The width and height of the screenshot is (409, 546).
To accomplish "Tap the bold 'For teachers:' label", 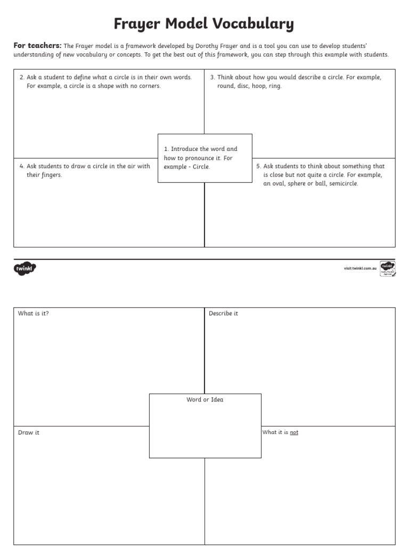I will pyautogui.click(x=37, y=45).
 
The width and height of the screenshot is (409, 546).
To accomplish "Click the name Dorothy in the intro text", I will pyautogui.click(x=202, y=46).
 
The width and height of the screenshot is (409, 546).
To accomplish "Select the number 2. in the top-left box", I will pyautogui.click(x=22, y=77).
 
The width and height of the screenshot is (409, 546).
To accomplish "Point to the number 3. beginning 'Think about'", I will pyautogui.click(x=212, y=77).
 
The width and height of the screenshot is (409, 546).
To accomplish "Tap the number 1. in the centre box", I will pyautogui.click(x=166, y=149).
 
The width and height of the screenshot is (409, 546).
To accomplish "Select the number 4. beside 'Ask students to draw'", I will pyautogui.click(x=22, y=166).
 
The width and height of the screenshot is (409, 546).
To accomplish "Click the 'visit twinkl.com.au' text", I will pyautogui.click(x=360, y=269).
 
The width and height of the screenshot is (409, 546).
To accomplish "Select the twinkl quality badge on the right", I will pyautogui.click(x=387, y=269).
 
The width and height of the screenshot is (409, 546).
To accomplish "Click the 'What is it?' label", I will pyautogui.click(x=34, y=314).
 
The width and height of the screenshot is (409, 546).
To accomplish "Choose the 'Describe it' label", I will pyautogui.click(x=223, y=314).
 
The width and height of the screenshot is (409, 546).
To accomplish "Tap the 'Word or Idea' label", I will pyautogui.click(x=204, y=400).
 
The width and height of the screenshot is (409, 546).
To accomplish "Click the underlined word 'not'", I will pyautogui.click(x=294, y=432).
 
